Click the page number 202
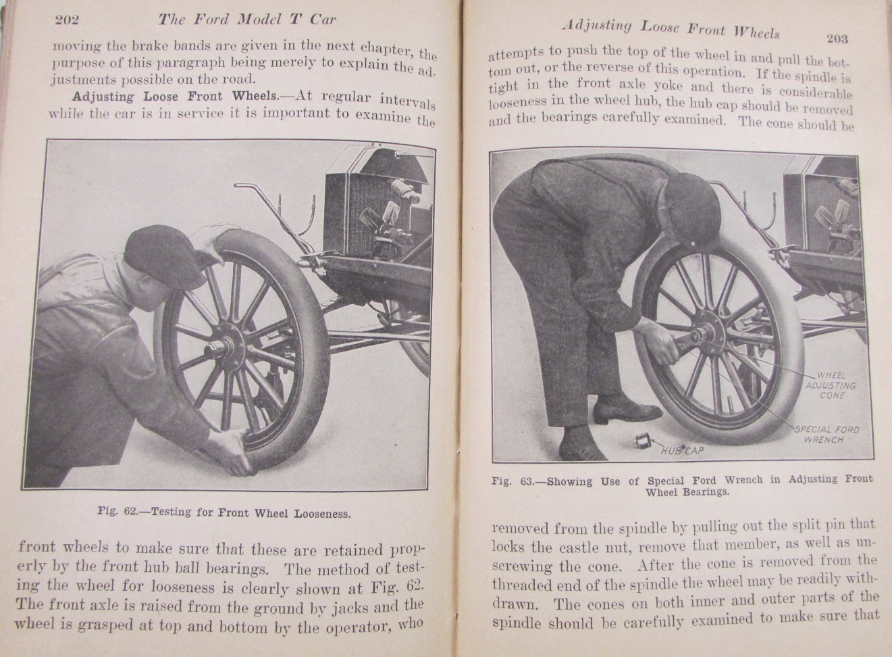point(67,19)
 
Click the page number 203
point(836,38)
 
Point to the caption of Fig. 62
point(224,513)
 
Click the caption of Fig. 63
point(682,485)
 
